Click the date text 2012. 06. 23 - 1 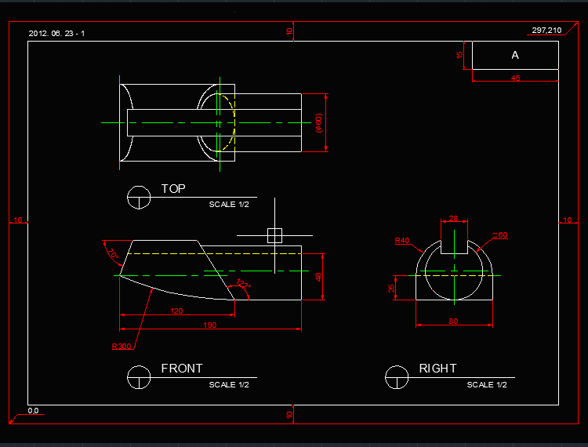[x=56, y=34]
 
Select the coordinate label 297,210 [x=546, y=30]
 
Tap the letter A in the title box [x=515, y=55]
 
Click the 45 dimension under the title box [x=515, y=78]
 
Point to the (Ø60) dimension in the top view [x=319, y=123]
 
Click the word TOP [x=173, y=189]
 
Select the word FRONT [x=182, y=368]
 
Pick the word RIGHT [x=437, y=368]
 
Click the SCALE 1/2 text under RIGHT [x=487, y=384]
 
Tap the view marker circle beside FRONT [x=140, y=376]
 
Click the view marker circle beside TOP [x=140, y=198]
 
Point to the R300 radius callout [x=122, y=346]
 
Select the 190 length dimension [x=209, y=325]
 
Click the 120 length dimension [x=176, y=311]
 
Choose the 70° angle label [x=112, y=254]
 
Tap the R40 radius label [x=402, y=241]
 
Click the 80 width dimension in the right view [x=454, y=321]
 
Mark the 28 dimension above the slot [x=454, y=219]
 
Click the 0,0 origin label [x=34, y=411]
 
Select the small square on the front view [x=274, y=234]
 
